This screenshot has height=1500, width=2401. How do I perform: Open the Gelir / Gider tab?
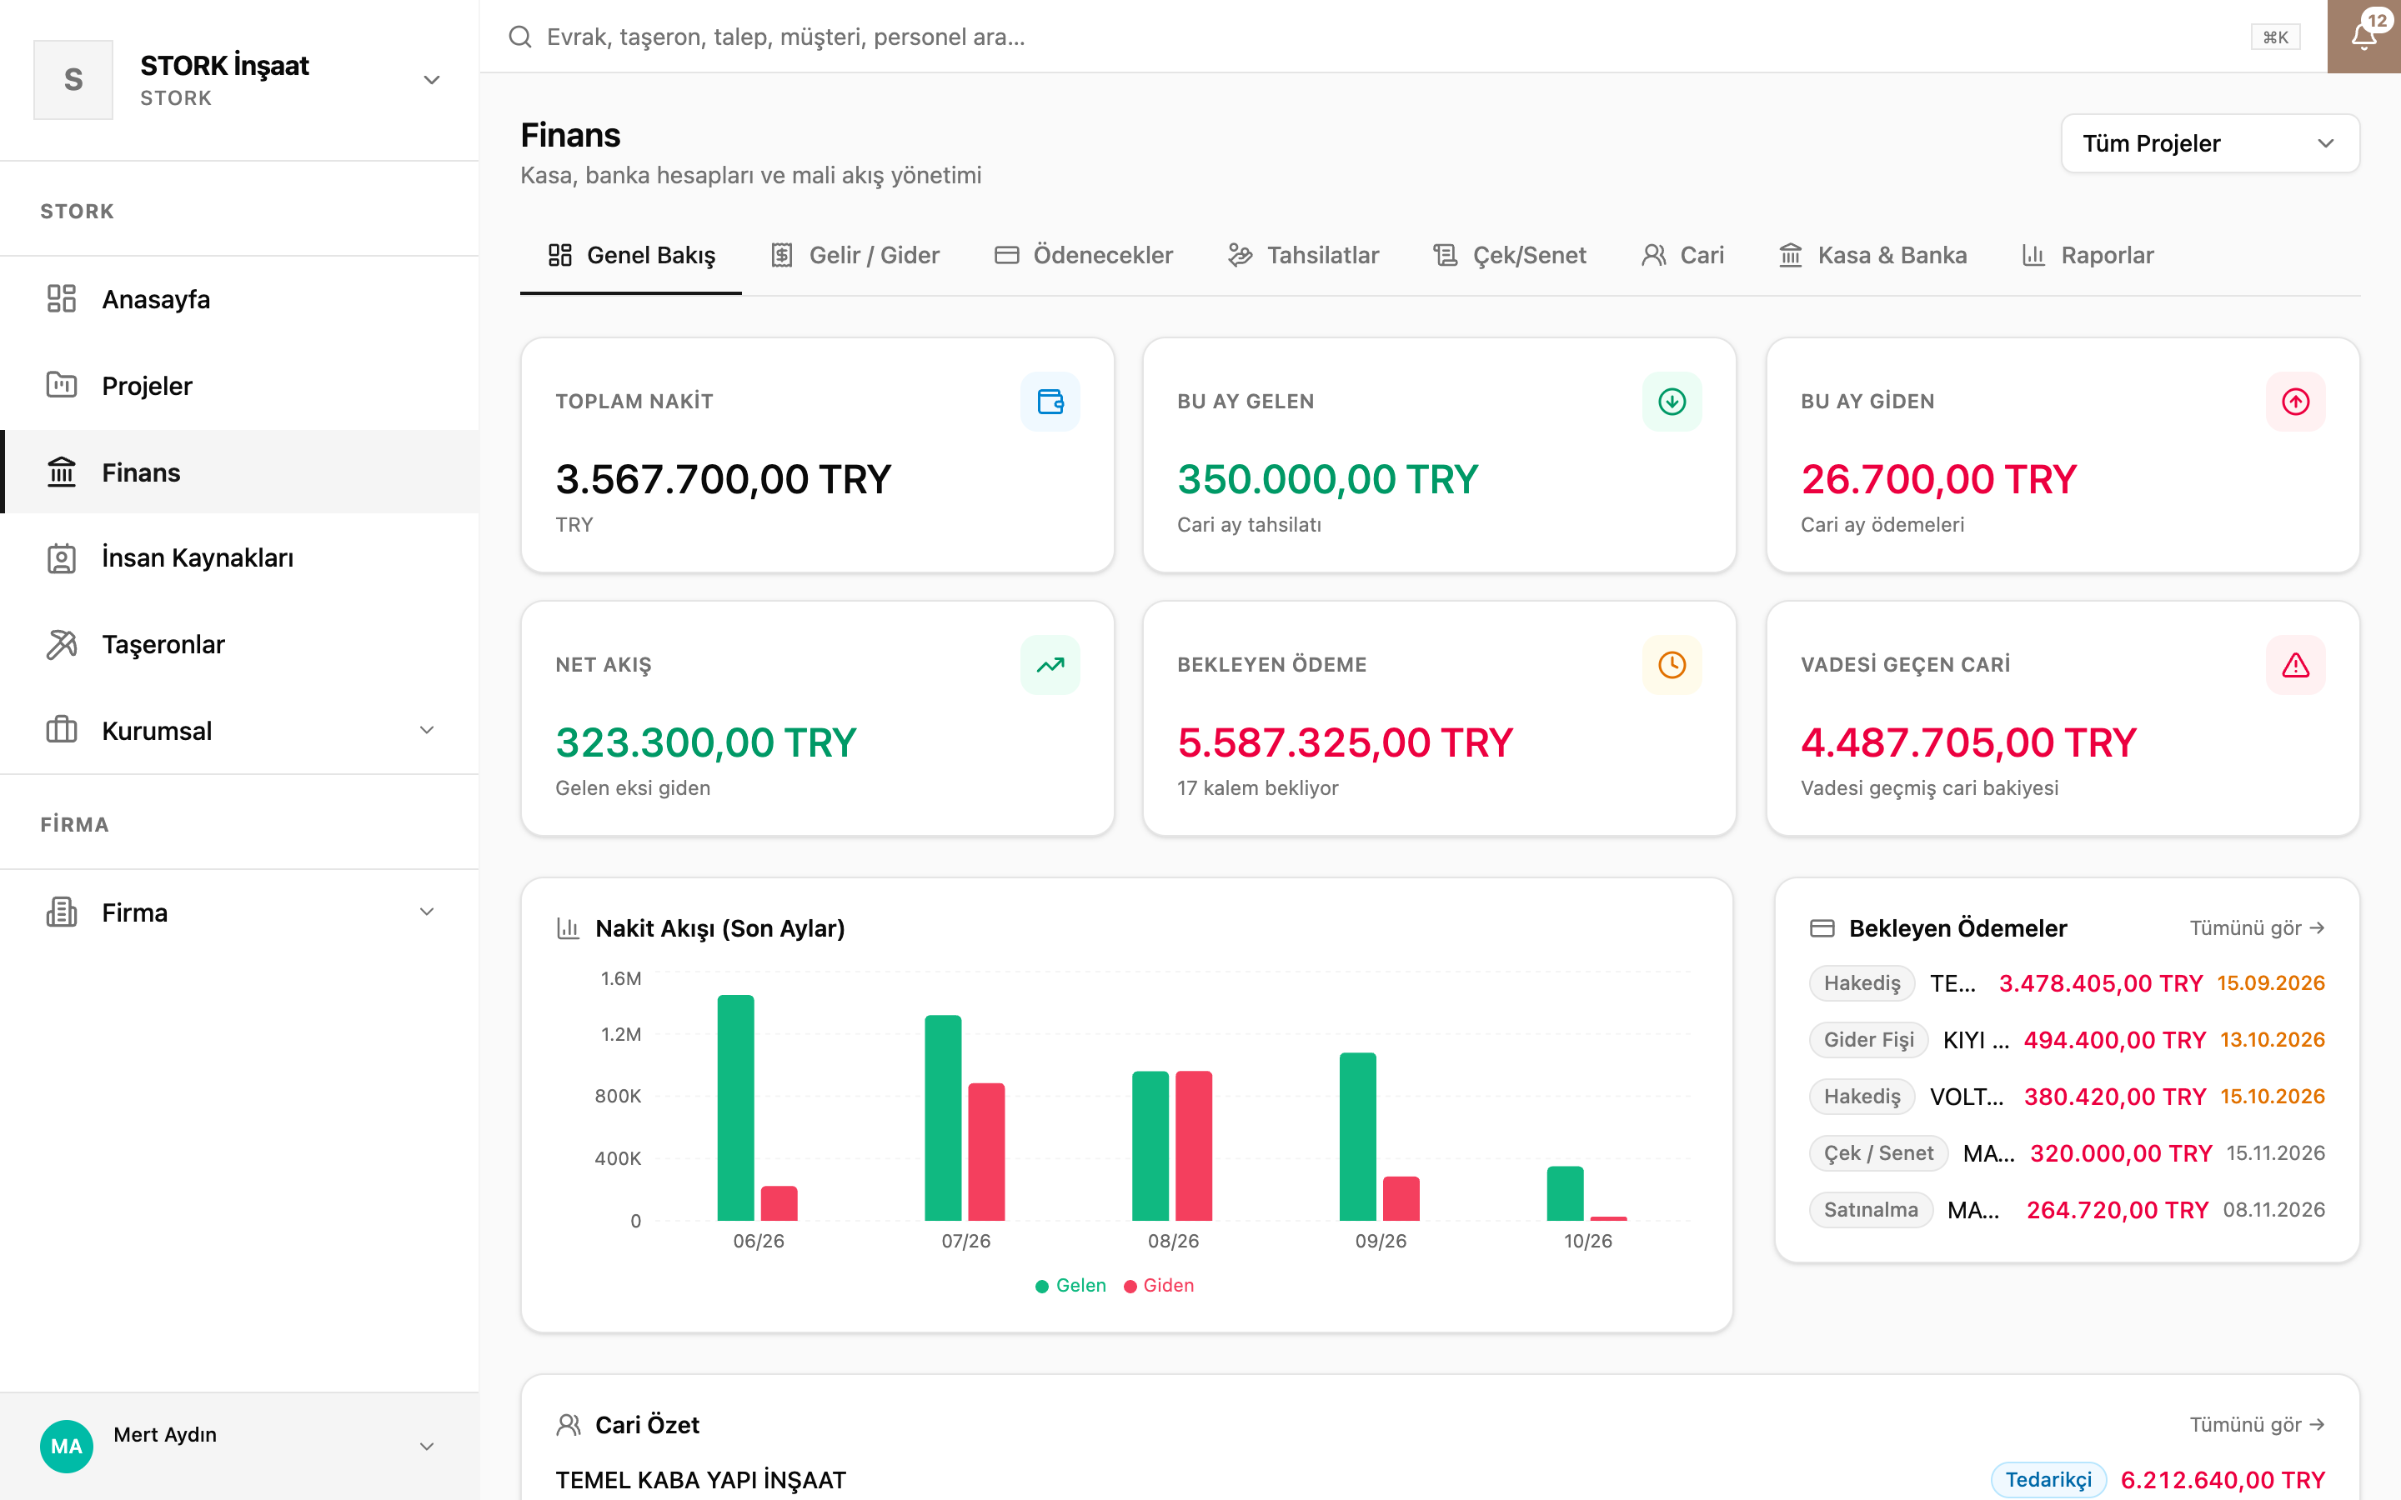[855, 255]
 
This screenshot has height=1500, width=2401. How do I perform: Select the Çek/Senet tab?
[1509, 255]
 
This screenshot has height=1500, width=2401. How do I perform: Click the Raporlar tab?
[2088, 255]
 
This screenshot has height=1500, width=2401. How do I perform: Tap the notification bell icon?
[2363, 37]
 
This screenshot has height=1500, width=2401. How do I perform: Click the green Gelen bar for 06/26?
[735, 1107]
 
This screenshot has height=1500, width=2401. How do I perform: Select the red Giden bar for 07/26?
[986, 1152]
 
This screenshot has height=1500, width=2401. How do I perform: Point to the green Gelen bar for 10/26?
[1565, 1193]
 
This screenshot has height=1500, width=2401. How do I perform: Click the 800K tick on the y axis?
[617, 1096]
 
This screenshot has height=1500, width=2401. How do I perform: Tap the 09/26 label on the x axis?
[1380, 1241]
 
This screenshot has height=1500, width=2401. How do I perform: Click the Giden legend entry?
[1159, 1286]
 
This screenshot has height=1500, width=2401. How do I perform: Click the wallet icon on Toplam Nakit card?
[1050, 402]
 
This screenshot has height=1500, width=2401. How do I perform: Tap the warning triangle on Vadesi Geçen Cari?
[2295, 665]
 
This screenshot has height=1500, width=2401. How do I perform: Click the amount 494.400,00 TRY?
[2114, 1040]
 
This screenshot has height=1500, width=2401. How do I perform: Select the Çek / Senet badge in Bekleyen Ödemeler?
[1878, 1152]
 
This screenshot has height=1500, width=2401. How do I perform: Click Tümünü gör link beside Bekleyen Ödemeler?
[2257, 927]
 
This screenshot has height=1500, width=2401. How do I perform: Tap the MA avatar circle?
[67, 1447]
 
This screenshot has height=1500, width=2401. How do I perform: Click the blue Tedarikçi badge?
[2048, 1480]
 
